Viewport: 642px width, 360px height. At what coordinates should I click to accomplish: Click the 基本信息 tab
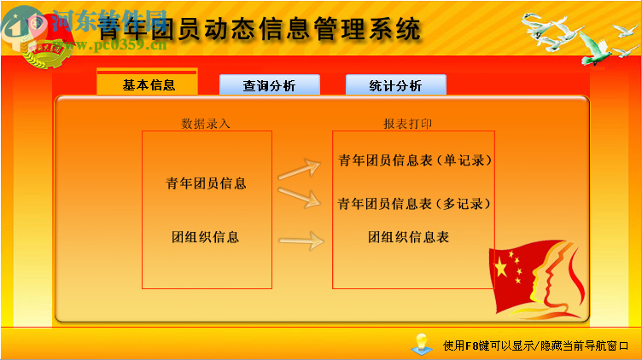pyautogui.click(x=148, y=84)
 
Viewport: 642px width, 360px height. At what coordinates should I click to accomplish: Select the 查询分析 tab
pyautogui.click(x=269, y=85)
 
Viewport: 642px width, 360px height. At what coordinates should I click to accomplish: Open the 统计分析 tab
pyautogui.click(x=395, y=85)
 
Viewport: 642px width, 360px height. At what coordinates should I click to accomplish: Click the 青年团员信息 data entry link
pyautogui.click(x=206, y=183)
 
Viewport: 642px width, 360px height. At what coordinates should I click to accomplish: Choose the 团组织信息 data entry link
pyautogui.click(x=206, y=236)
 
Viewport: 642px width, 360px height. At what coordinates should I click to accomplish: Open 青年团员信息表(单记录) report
pyautogui.click(x=415, y=160)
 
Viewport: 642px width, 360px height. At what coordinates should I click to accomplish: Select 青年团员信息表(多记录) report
pyautogui.click(x=415, y=204)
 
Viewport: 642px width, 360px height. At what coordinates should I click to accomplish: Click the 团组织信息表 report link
pyautogui.click(x=409, y=236)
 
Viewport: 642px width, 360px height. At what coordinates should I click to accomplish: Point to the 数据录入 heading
pyautogui.click(x=206, y=124)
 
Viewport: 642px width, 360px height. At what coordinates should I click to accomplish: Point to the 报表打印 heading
pyautogui.click(x=407, y=124)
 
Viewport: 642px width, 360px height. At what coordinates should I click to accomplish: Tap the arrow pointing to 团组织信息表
pyautogui.click(x=301, y=241)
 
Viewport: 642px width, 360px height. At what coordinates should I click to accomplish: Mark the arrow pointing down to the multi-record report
pyautogui.click(x=298, y=198)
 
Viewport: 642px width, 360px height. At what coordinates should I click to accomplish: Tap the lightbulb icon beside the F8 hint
pyautogui.click(x=420, y=343)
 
